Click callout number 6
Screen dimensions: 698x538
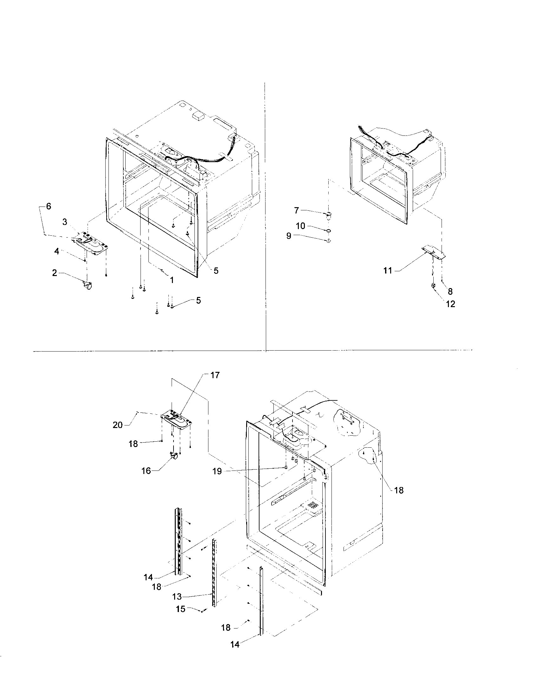coord(48,207)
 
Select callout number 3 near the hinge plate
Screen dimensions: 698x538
coord(65,222)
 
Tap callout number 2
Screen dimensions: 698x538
coord(55,273)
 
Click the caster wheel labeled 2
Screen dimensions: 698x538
coord(88,284)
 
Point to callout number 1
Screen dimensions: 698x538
coord(172,280)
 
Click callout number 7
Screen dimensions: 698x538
coord(297,210)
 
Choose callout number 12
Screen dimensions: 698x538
coord(450,304)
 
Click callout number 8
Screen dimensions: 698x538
coord(450,291)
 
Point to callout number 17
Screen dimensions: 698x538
coord(215,375)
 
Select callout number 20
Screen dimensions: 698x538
coord(118,425)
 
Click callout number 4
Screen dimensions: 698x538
coord(56,252)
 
